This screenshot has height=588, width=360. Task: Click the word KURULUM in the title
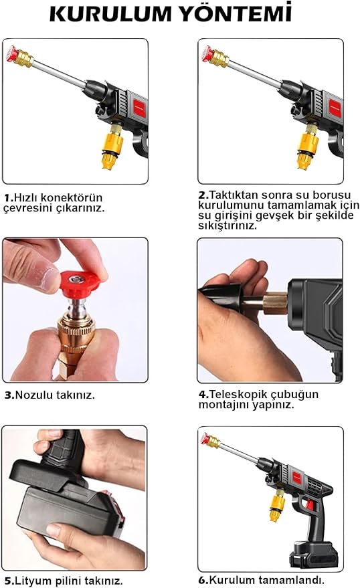tap(110, 14)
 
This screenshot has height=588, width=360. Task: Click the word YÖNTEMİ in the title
tap(236, 12)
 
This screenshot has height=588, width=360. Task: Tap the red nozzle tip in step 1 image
tap(11, 54)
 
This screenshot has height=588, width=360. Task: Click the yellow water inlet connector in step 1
tap(112, 148)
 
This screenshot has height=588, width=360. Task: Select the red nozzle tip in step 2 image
tap(207, 54)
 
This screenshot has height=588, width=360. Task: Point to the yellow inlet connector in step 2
tap(308, 148)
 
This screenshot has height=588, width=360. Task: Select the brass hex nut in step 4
tap(275, 303)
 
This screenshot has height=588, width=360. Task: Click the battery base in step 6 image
tap(312, 555)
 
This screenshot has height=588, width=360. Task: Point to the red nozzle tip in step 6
tap(205, 438)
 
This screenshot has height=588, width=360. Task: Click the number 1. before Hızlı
tap(9, 198)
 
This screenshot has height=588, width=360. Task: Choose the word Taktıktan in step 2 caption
tap(234, 195)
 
